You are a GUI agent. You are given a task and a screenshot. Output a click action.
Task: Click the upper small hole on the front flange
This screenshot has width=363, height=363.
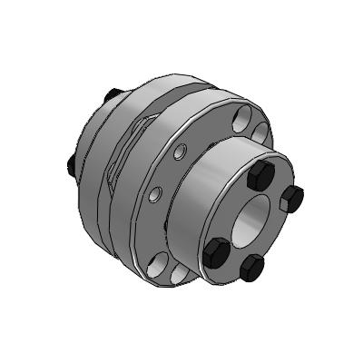point(180,149)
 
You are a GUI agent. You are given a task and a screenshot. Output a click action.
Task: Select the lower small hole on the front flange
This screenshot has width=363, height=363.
point(157,193)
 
